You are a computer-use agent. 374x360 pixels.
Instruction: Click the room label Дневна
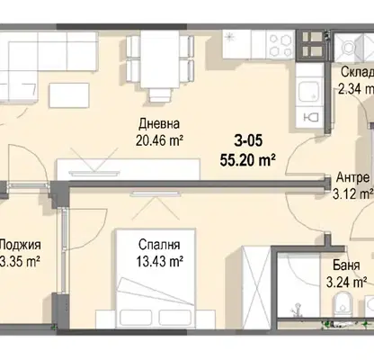tap(159, 123)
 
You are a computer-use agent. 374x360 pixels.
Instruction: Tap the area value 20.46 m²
tap(159, 140)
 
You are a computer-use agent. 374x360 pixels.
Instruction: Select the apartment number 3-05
tap(248, 140)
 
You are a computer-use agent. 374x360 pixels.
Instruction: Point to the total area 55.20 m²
tap(248, 160)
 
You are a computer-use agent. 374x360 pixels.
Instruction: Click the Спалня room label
tap(159, 245)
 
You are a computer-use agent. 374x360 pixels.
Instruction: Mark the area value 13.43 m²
tap(160, 261)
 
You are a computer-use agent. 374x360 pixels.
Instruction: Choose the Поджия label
tap(20, 245)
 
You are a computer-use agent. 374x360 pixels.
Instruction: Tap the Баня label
tap(346, 265)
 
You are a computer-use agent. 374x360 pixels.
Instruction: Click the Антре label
tap(353, 177)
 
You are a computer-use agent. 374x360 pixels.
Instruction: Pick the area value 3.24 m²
tap(347, 282)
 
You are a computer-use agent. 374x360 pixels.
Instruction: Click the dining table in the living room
tap(160, 59)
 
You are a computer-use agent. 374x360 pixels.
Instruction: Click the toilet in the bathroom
tap(343, 303)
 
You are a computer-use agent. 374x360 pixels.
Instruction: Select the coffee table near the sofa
tap(69, 95)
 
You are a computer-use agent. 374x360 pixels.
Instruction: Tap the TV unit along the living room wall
tap(129, 169)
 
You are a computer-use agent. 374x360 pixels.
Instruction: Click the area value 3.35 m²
tap(20, 262)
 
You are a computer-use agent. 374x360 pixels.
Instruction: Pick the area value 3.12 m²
tap(353, 193)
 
